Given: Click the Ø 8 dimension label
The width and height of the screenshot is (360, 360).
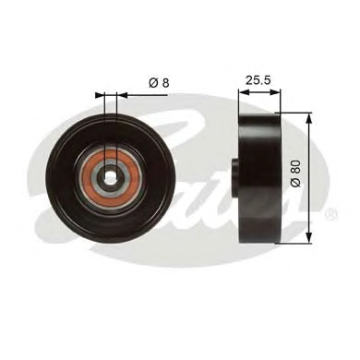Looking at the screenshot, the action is (159, 82).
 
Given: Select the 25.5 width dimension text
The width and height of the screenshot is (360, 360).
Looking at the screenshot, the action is (258, 80).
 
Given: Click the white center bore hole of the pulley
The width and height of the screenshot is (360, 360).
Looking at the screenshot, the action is (110, 176).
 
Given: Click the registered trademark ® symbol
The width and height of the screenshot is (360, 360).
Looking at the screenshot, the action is (331, 213).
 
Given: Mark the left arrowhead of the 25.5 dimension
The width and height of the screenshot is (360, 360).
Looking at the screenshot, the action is (244, 92).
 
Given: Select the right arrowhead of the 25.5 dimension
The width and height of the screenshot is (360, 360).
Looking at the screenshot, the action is (275, 92).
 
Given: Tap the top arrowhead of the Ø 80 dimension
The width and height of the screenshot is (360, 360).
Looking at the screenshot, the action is (309, 118).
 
